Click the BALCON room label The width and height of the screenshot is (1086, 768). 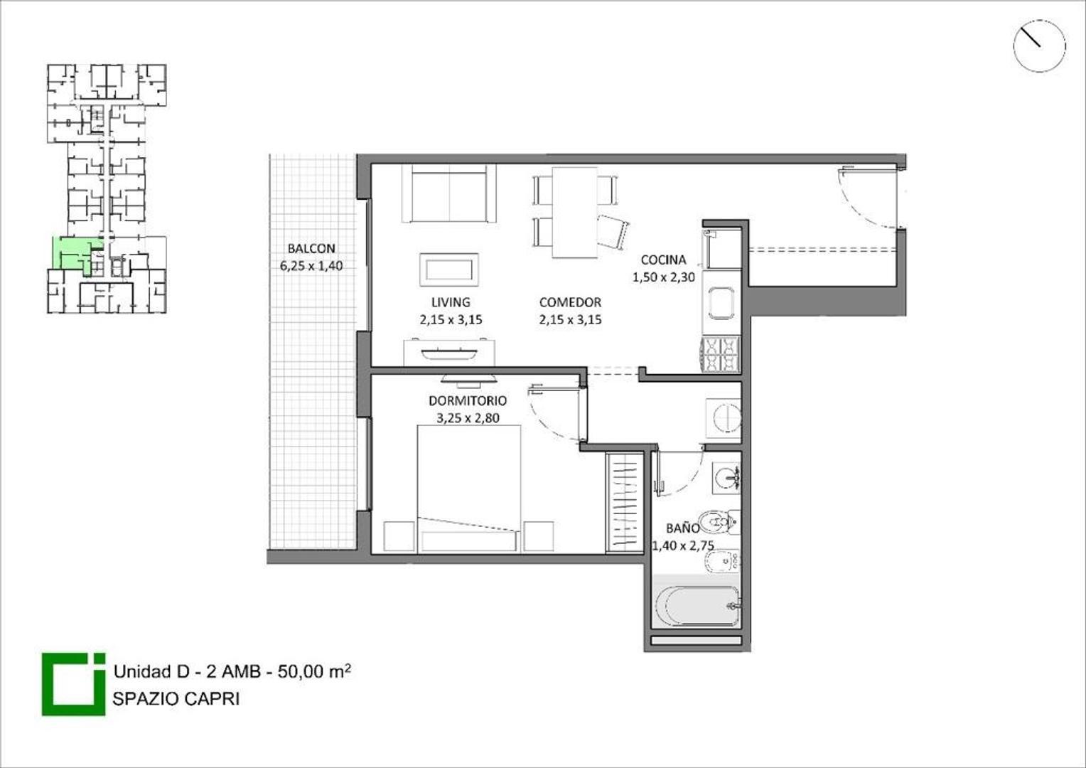[311, 248]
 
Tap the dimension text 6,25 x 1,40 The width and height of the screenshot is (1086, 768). [311, 266]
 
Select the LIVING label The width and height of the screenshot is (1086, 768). [450, 302]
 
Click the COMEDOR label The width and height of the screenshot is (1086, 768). [570, 302]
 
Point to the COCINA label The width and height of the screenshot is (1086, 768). [663, 260]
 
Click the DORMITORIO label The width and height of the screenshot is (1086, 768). [467, 400]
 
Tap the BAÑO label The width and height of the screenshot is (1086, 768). [682, 528]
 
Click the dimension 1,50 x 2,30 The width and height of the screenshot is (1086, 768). [663, 277]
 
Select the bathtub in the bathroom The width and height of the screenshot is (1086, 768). [697, 606]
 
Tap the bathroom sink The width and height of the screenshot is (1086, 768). [725, 476]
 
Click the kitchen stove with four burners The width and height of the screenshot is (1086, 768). [721, 354]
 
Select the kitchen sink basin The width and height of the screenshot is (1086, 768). [721, 303]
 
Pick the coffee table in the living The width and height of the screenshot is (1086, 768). [448, 270]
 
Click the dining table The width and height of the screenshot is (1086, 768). [574, 212]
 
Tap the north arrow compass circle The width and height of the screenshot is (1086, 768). [1038, 46]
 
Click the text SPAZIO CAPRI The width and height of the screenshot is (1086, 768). [176, 698]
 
